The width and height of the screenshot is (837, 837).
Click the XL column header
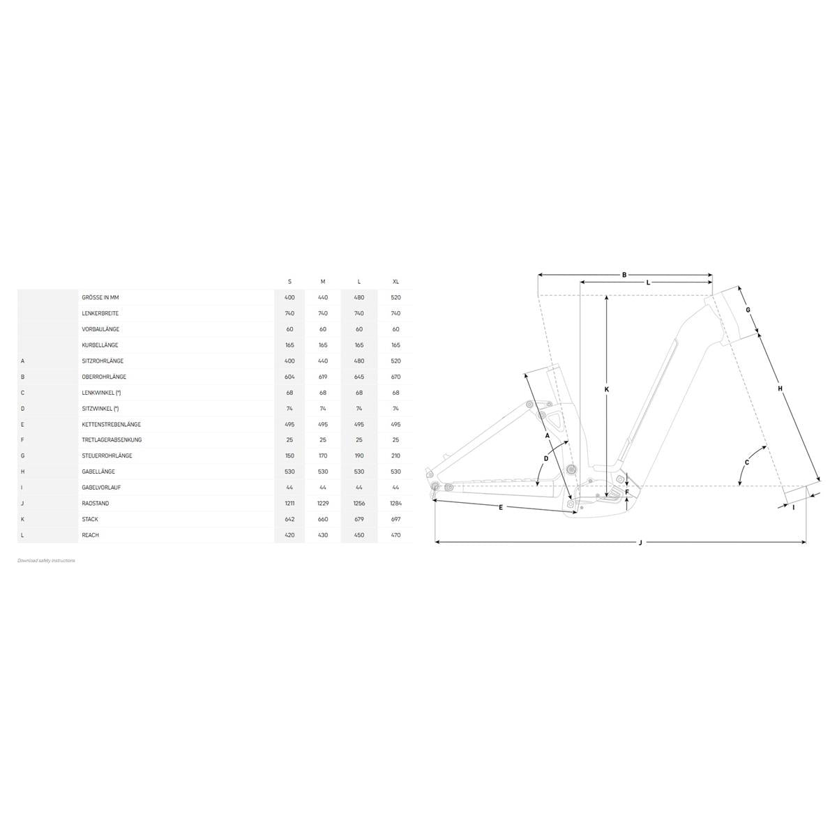click(395, 282)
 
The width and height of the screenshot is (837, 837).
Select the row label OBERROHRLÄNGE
click(104, 377)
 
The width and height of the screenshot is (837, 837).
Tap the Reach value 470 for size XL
click(395, 535)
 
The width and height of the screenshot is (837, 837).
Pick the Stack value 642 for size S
click(289, 519)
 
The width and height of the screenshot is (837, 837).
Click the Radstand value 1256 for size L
click(359, 503)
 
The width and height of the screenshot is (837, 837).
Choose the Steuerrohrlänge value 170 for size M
click(323, 455)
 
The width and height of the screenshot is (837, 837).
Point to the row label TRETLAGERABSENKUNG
click(112, 439)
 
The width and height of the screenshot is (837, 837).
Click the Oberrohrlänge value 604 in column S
click(289, 377)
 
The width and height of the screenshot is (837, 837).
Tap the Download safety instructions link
click(46, 560)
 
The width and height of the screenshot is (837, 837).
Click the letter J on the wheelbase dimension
click(640, 543)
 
